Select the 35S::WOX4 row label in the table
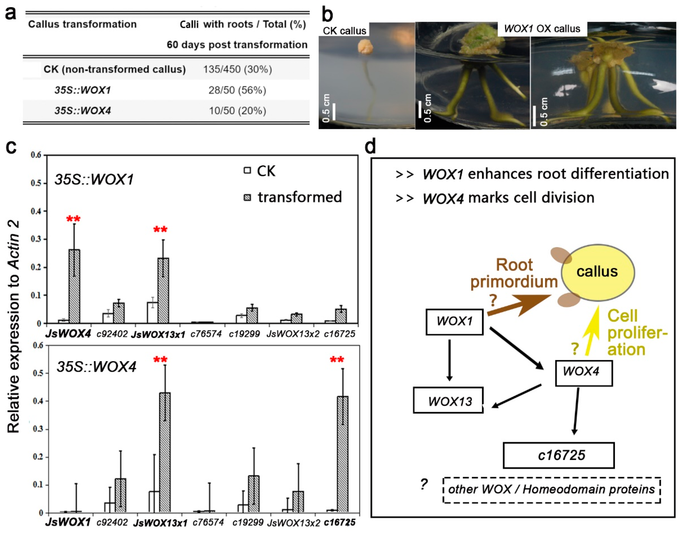click(83, 111)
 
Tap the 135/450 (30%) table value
click(237, 69)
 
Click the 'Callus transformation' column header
click(82, 24)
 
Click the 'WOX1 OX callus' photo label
click(542, 29)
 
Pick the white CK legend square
click(247, 171)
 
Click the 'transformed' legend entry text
click(300, 197)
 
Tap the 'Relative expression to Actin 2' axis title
click(13, 326)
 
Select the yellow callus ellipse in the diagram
click(598, 272)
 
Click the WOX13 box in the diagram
click(448, 401)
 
